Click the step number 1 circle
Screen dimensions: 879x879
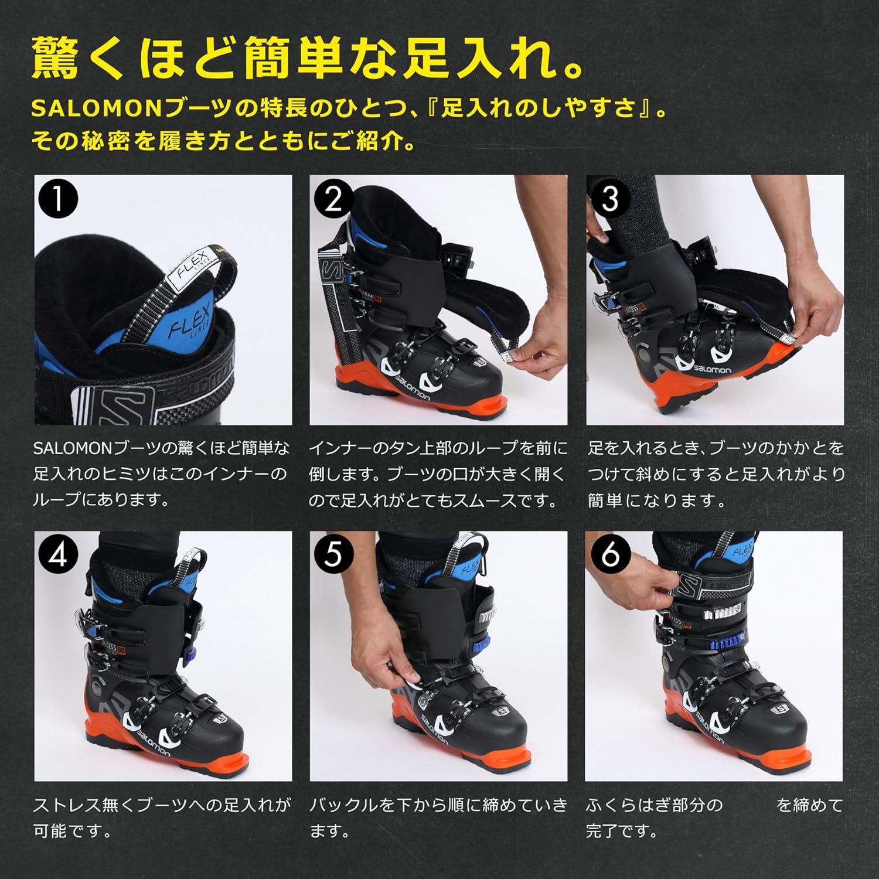(x=57, y=199)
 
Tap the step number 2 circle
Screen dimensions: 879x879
(x=333, y=199)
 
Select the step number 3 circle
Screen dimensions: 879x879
(x=609, y=199)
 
